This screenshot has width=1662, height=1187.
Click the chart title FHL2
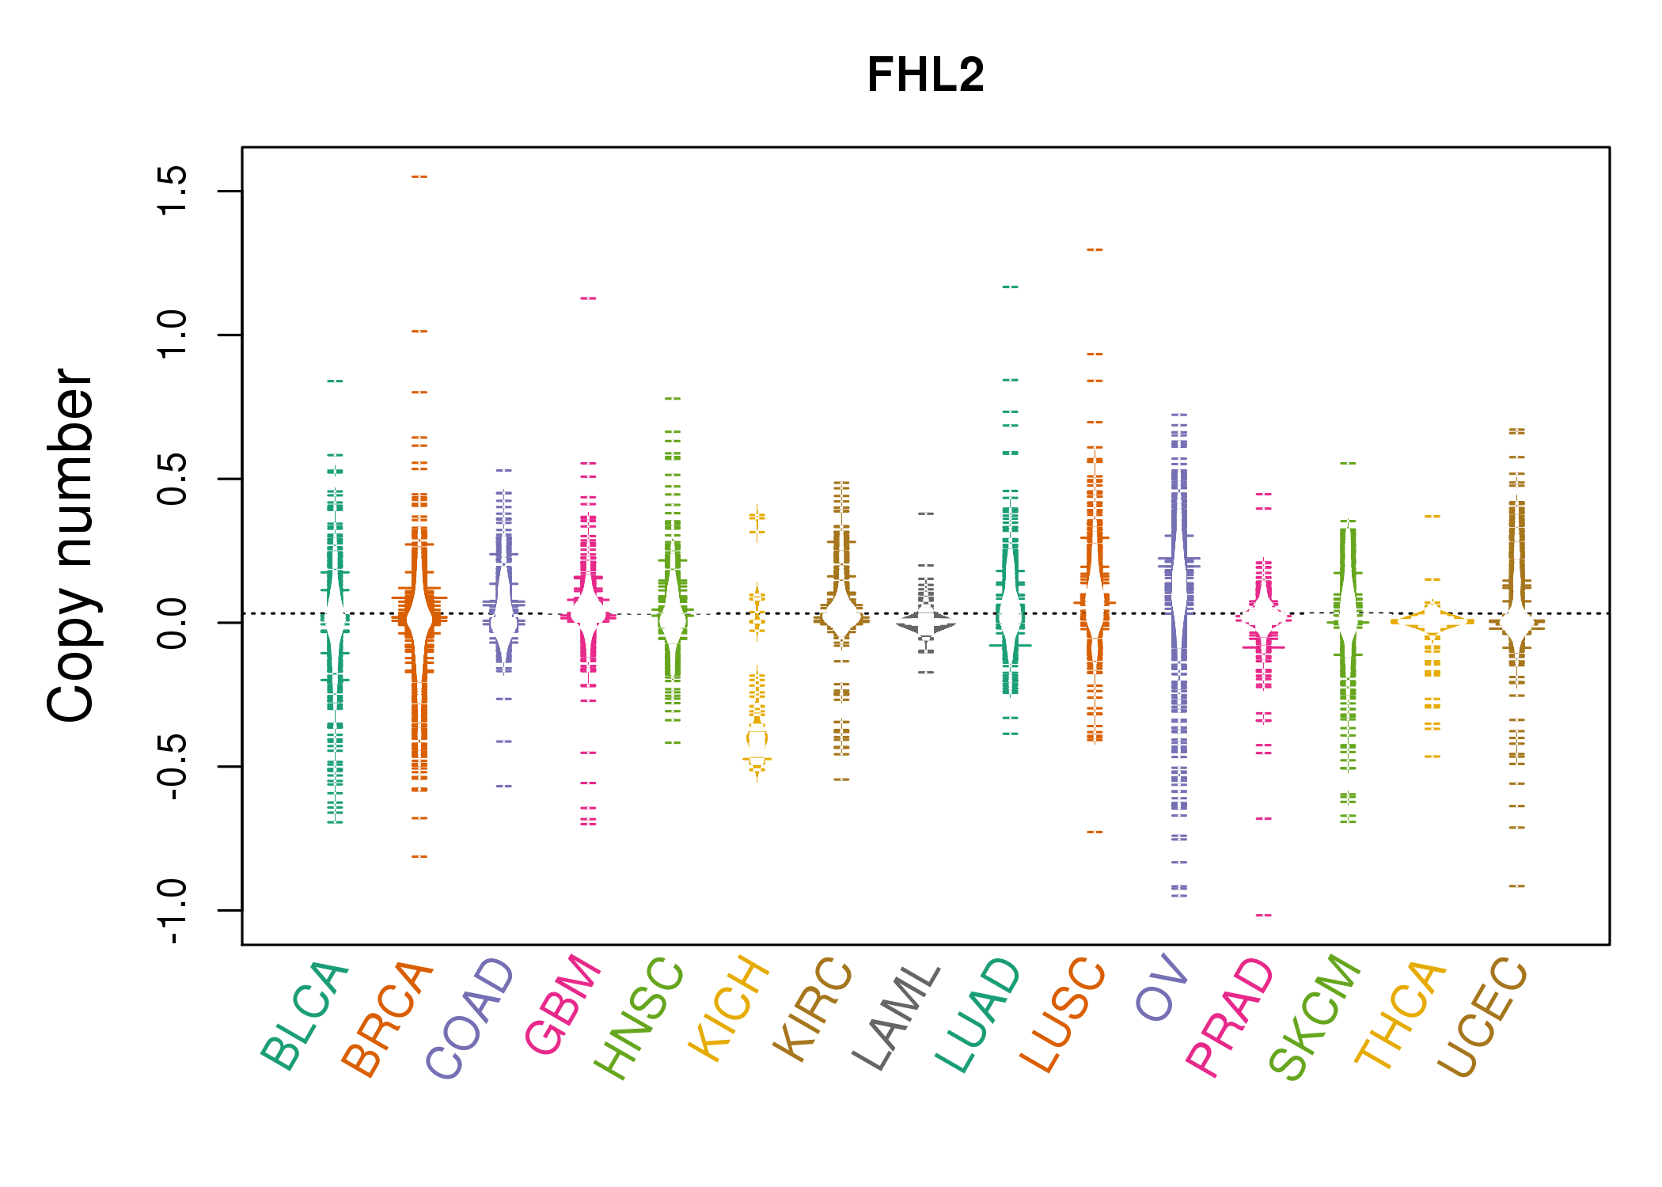[x=925, y=75]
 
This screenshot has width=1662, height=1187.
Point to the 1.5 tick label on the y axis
[x=172, y=191]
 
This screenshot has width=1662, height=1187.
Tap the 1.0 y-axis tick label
[x=172, y=335]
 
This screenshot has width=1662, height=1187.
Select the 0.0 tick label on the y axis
[x=172, y=623]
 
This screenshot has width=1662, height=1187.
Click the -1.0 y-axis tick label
[x=172, y=911]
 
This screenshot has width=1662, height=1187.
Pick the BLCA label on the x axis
[x=305, y=1016]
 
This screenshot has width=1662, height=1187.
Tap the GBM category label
[x=563, y=1004]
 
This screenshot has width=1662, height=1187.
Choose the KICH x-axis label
[x=729, y=1008]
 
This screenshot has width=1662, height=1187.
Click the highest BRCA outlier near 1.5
[x=419, y=177]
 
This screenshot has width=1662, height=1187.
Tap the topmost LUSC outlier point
[x=1095, y=250]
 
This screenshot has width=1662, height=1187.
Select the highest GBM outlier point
[x=588, y=298]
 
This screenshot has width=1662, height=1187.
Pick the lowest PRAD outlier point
[x=1264, y=916]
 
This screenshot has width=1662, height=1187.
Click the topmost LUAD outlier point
[x=1011, y=287]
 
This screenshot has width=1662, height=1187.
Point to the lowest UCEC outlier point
[x=1516, y=886]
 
